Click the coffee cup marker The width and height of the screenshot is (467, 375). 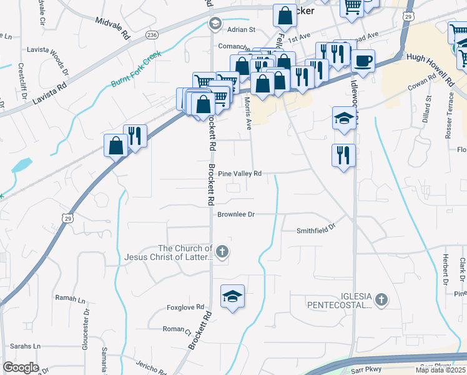pos(363,61)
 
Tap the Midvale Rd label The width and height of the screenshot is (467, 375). pos(112,26)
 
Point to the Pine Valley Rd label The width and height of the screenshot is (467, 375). pos(239,174)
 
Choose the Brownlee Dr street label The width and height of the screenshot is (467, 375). pos(236,214)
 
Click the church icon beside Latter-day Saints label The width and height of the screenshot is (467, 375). pos(222,252)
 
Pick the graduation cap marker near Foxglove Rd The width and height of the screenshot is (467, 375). pos(232,296)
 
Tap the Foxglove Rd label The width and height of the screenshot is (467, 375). pos(186,307)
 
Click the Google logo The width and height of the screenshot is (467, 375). pos(21,367)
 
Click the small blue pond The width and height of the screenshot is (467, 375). pos(22,165)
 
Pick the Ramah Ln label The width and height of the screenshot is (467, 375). pos(69,299)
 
